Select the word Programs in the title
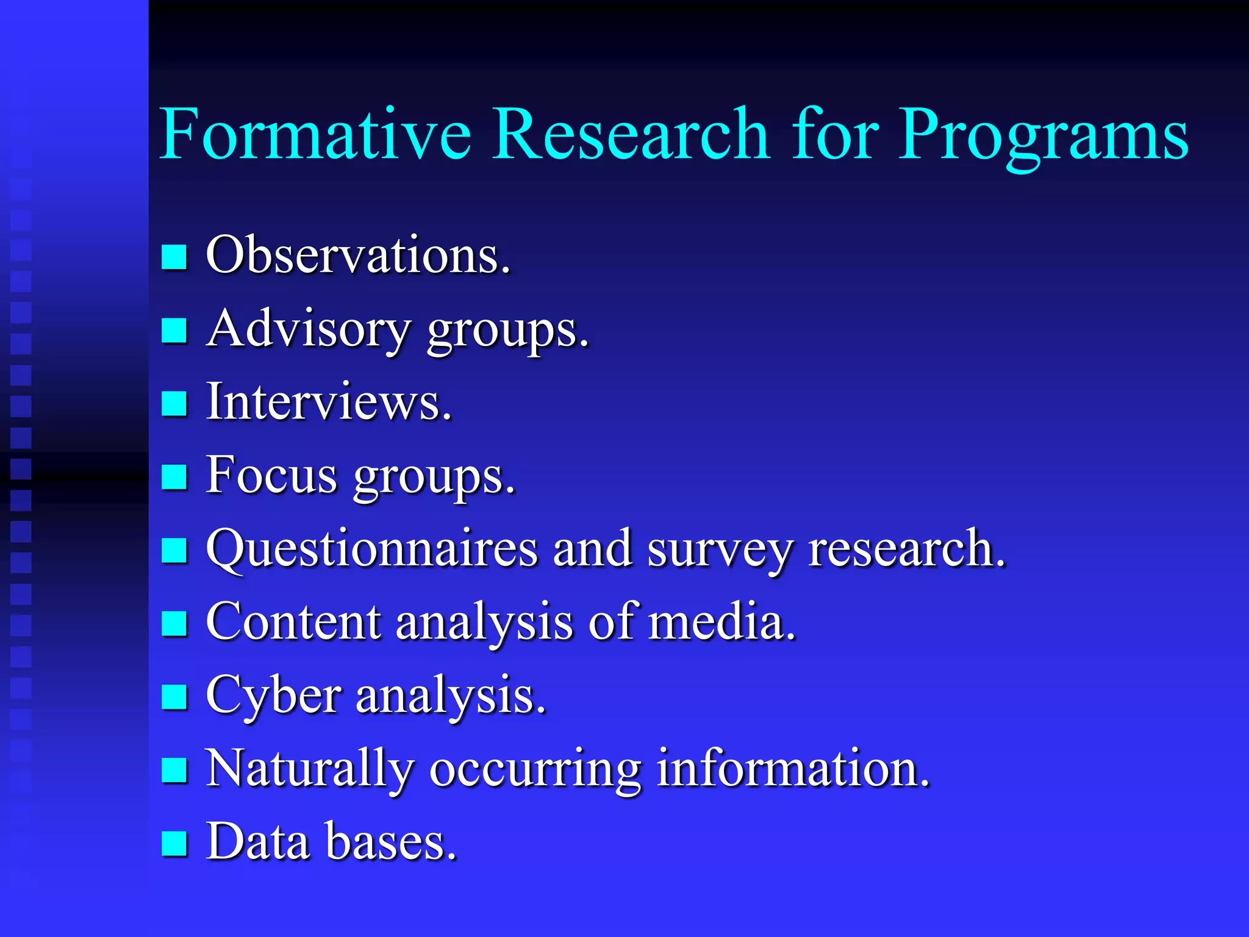pyautogui.click(x=1043, y=137)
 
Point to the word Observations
pyautogui.click(x=358, y=255)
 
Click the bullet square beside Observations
pyautogui.click(x=174, y=257)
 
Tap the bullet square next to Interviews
pyautogui.click(x=174, y=403)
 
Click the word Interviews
pyautogui.click(x=329, y=402)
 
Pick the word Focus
pyautogui.click(x=271, y=475)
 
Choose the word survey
pyautogui.click(x=720, y=550)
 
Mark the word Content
pyautogui.click(x=293, y=622)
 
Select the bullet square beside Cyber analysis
pyautogui.click(x=174, y=697)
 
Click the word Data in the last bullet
pyautogui.click(x=258, y=842)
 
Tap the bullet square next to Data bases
pyautogui.click(x=174, y=844)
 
